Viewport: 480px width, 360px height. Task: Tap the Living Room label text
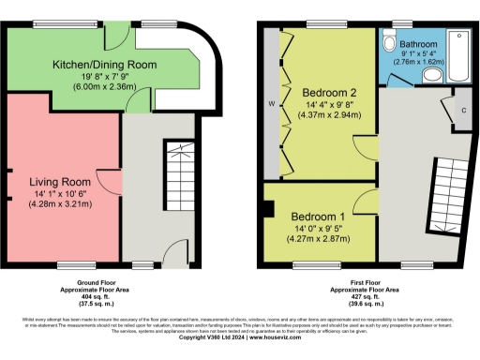pos(58,180)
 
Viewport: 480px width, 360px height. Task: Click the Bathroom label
pos(418,44)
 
